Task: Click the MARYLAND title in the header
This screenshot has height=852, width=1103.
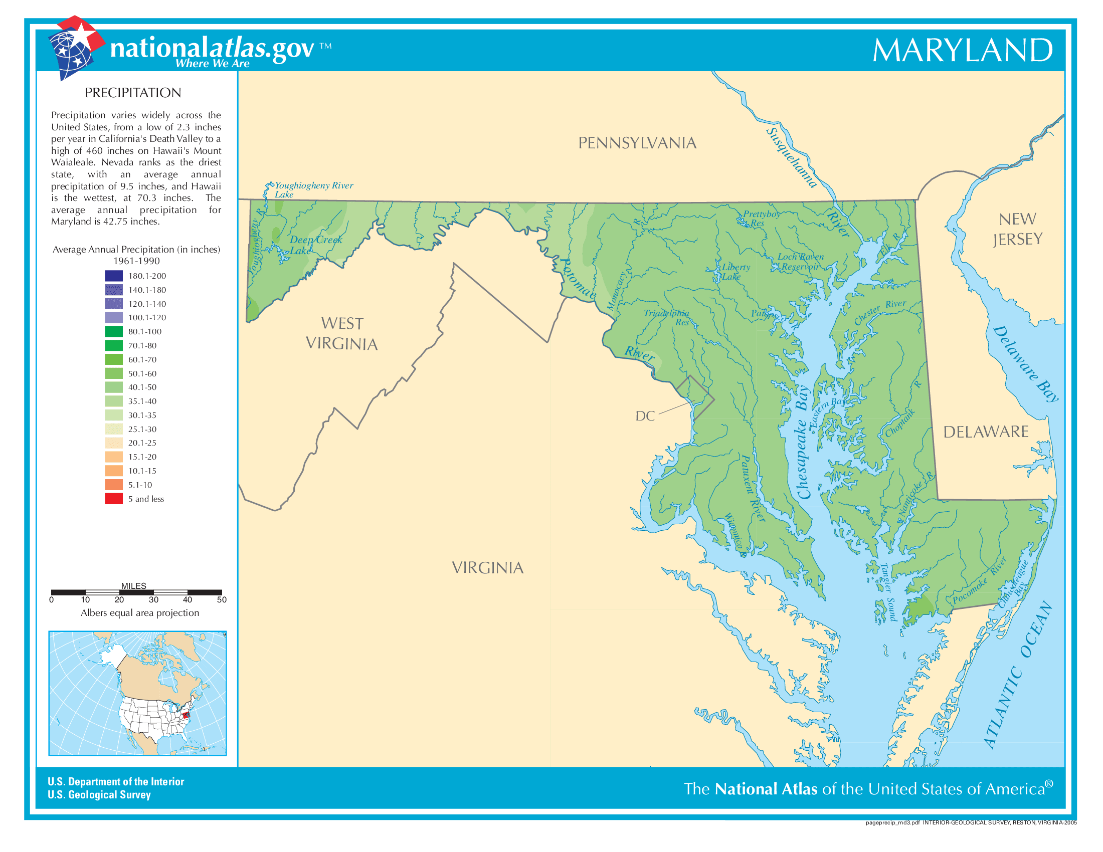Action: tap(962, 51)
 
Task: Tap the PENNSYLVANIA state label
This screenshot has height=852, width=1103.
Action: tap(637, 143)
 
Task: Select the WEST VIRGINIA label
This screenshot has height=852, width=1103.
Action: tap(342, 334)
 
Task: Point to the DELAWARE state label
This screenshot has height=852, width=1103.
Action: tap(985, 432)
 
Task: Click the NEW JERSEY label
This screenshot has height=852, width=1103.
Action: tap(1017, 229)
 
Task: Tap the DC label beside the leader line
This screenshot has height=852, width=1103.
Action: tap(645, 416)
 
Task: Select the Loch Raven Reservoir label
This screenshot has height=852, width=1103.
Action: tap(800, 262)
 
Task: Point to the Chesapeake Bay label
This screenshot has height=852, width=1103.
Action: tap(802, 443)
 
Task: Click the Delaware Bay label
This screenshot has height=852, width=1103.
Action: tap(1025, 363)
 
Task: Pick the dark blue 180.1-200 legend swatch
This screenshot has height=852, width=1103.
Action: tap(114, 276)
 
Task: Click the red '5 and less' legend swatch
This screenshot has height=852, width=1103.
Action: tap(114, 499)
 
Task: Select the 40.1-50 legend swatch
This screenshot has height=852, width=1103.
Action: tap(114, 387)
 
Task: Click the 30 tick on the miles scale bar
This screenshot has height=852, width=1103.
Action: tap(153, 599)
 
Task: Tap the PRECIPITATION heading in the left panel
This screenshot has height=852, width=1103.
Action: tap(133, 93)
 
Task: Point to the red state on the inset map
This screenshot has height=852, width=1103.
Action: tap(186, 714)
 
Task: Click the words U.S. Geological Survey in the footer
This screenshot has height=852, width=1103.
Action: tap(99, 794)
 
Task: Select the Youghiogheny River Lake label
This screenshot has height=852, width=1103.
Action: tap(313, 190)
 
